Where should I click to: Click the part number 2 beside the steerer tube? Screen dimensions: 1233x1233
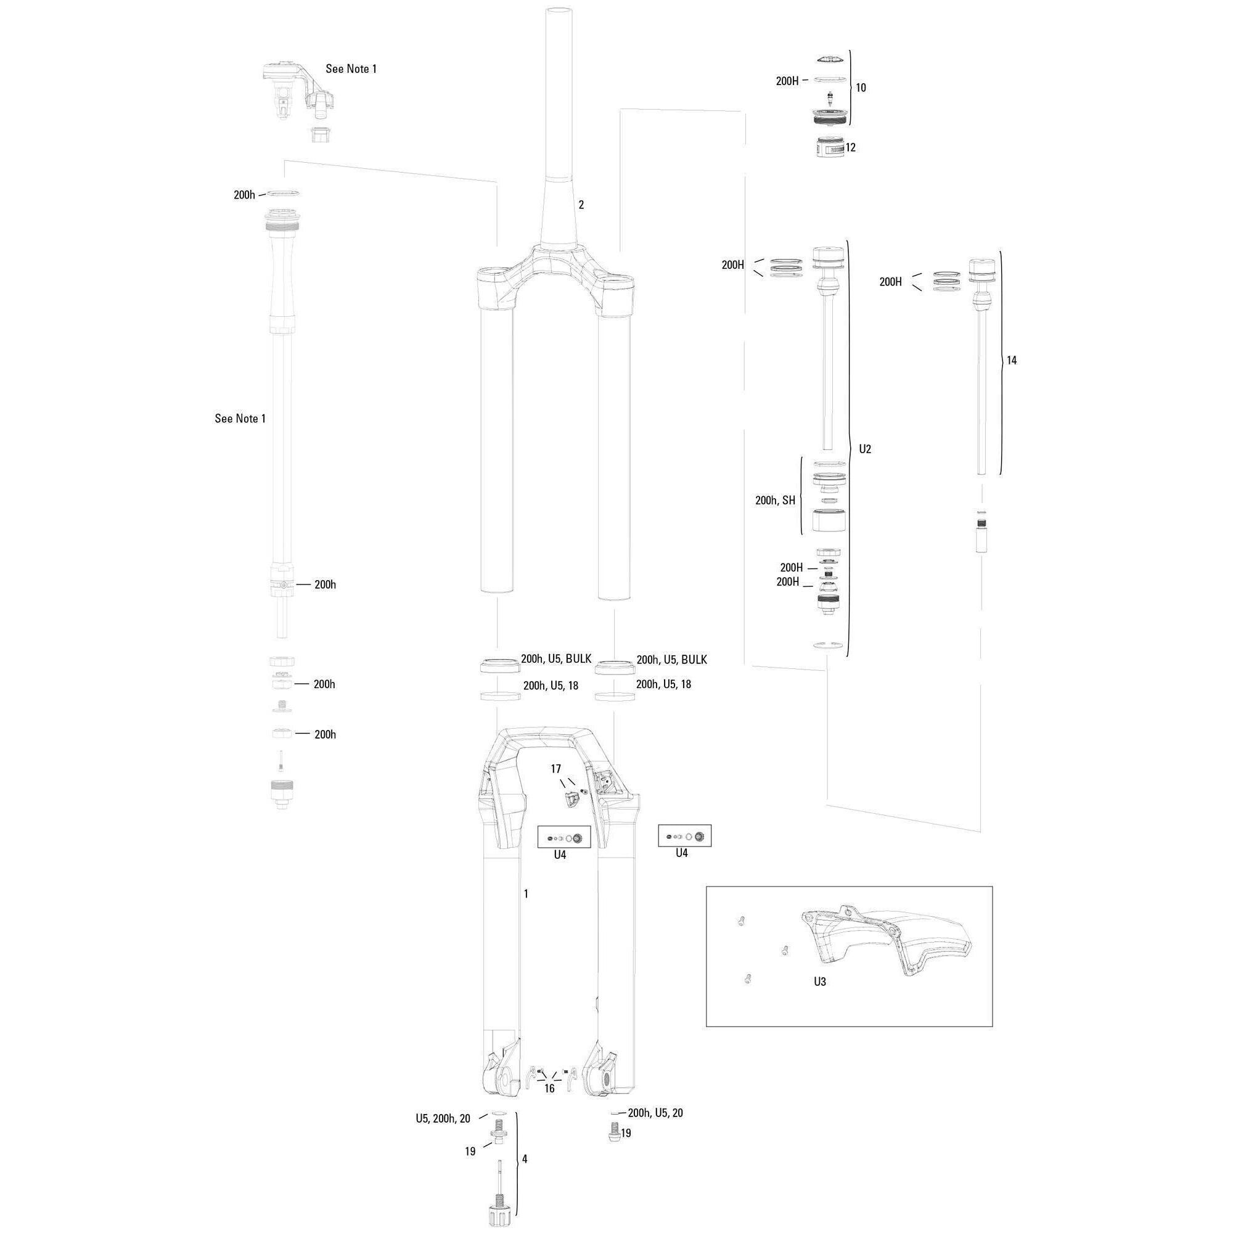[x=581, y=205]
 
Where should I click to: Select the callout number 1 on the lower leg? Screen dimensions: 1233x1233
[x=526, y=894]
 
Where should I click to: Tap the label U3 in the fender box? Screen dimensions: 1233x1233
[x=819, y=981]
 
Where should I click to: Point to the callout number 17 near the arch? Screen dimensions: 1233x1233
[x=556, y=769]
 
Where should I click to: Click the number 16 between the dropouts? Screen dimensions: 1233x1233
[x=549, y=1089]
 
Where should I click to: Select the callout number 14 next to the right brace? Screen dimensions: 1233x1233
[x=1012, y=361]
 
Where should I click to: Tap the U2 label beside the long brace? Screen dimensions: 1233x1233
[x=865, y=449]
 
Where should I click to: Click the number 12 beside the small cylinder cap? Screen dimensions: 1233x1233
[x=850, y=147]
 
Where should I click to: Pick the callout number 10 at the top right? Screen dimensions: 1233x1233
[x=861, y=88]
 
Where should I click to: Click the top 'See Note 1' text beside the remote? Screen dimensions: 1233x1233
[x=351, y=69]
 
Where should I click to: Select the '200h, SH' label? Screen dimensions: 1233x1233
[x=775, y=501]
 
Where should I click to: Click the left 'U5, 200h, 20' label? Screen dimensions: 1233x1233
[x=443, y=1118]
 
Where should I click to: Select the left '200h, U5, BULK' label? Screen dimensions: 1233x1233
[x=556, y=659]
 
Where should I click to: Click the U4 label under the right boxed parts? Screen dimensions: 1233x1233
[x=682, y=853]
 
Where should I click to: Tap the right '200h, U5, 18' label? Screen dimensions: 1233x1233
[x=663, y=684]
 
